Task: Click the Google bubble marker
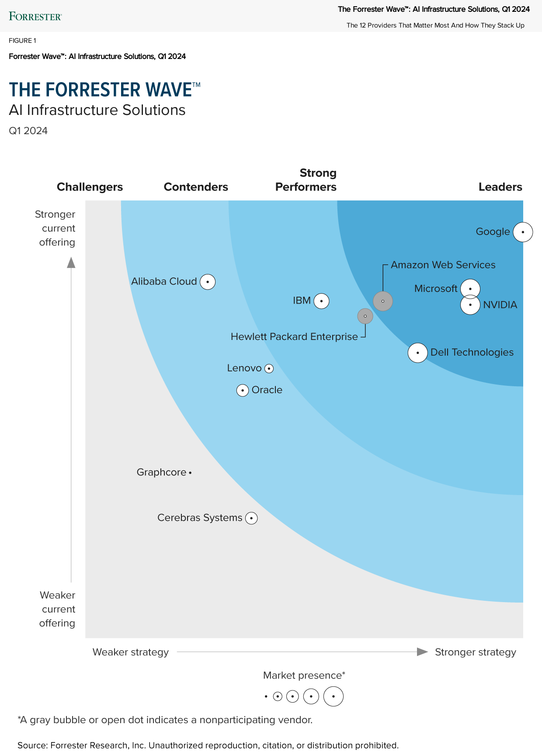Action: coord(523,232)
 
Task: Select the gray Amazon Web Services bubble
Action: coord(383,301)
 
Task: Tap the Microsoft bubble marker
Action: coord(470,289)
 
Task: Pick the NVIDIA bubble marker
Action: coord(470,305)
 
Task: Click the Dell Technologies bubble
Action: coord(418,353)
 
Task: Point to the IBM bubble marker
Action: coord(322,301)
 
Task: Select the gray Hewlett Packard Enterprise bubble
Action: coord(365,316)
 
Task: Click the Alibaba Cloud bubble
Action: coord(208,282)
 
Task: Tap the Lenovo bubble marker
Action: coord(269,368)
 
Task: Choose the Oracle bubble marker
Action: coord(243,390)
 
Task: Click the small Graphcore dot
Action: coord(190,472)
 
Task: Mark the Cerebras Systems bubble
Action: coord(251,518)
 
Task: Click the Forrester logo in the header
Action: coord(35,17)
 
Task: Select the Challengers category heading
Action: coord(90,187)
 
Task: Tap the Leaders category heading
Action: coord(500,187)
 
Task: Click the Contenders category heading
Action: coord(196,187)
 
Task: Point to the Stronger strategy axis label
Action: coord(476,652)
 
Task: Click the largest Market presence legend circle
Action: coord(334,697)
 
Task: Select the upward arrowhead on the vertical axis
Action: coord(71,262)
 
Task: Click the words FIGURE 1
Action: coord(22,41)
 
